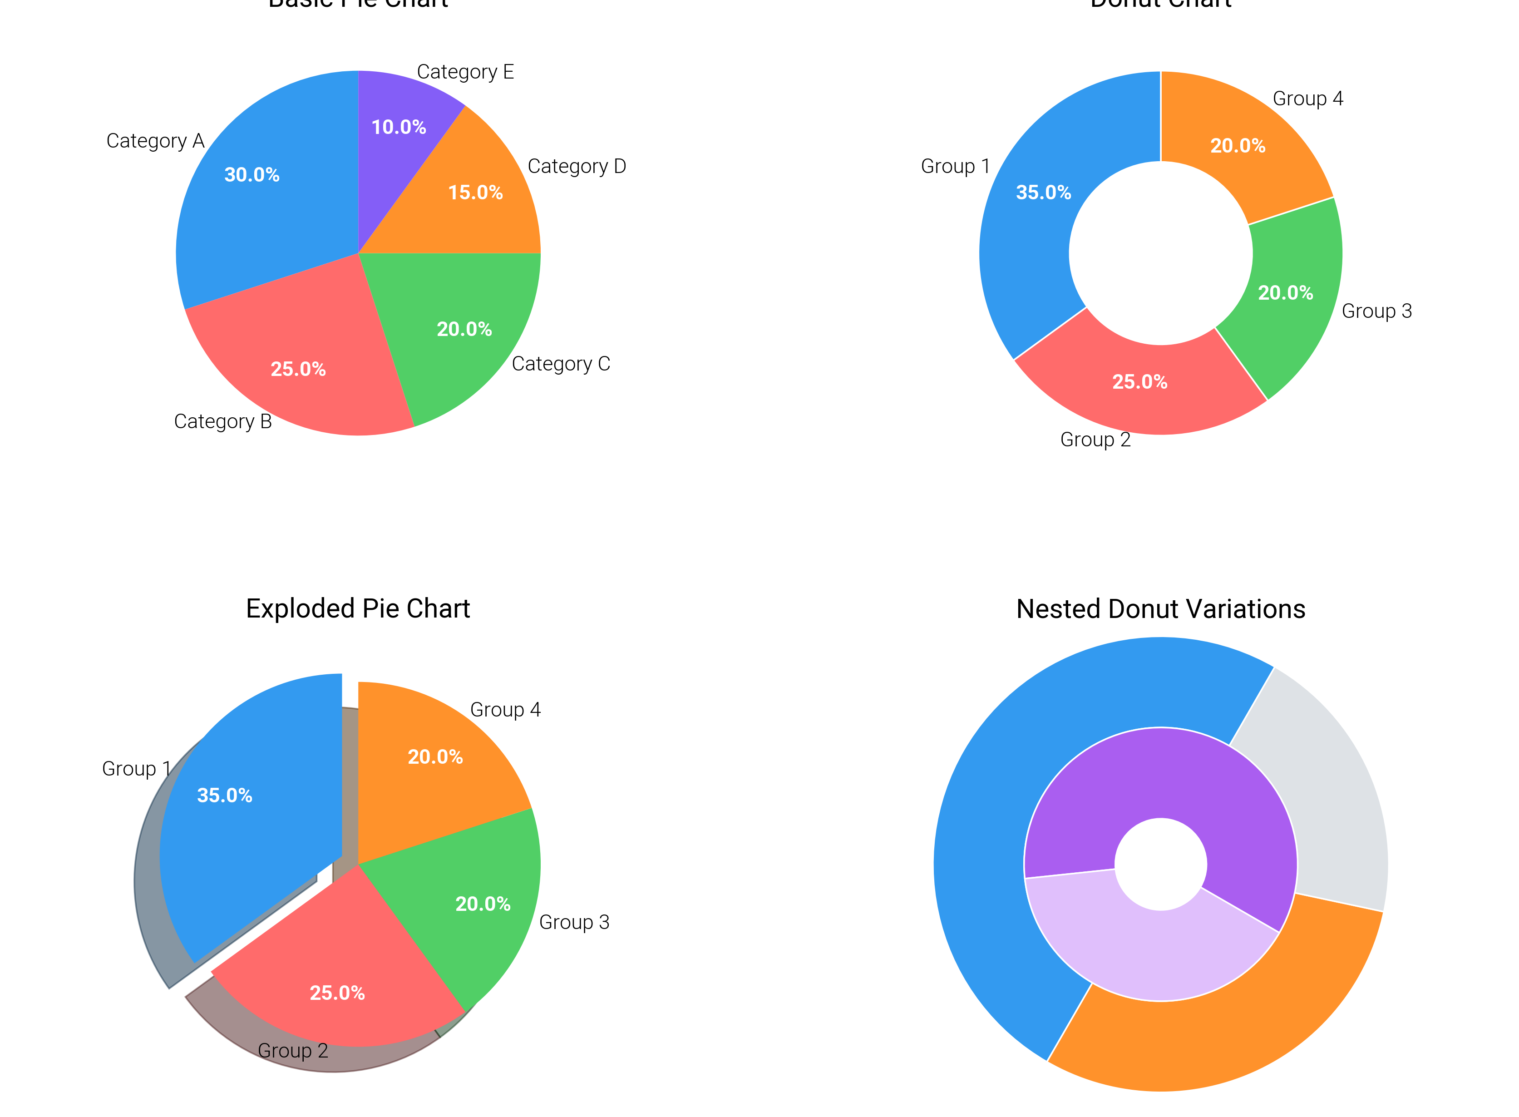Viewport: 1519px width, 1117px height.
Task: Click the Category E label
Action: pyautogui.click(x=464, y=72)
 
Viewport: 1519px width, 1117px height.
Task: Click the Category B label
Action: pyautogui.click(x=222, y=421)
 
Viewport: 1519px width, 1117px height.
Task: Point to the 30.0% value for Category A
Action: pyautogui.click(x=252, y=175)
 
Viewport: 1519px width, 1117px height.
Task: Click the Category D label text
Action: pyautogui.click(x=576, y=166)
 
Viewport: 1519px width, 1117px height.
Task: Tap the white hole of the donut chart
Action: pyautogui.click(x=1159, y=253)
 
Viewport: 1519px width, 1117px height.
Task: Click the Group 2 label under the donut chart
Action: pyautogui.click(x=1095, y=440)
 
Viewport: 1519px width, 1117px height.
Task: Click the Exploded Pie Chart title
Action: pyautogui.click(x=358, y=608)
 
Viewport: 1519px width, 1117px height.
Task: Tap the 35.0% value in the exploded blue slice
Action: pyautogui.click(x=224, y=795)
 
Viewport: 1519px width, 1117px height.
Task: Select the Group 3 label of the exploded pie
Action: pyautogui.click(x=573, y=922)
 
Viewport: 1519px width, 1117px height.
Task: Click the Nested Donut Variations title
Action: pyautogui.click(x=1160, y=609)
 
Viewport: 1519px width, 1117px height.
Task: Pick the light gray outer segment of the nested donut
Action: pyautogui.click(x=1318, y=791)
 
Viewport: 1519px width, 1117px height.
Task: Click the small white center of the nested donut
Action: pyautogui.click(x=1160, y=864)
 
